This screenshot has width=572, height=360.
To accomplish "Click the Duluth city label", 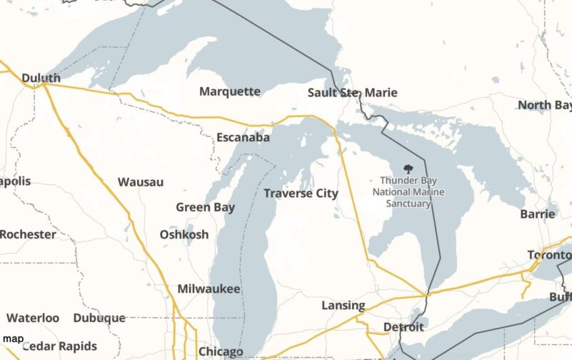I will pos(41,78).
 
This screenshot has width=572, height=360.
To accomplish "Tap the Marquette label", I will pos(229,91).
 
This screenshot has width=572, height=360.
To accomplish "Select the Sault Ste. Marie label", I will pos(352,93).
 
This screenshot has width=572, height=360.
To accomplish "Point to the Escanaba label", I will pos(243,137).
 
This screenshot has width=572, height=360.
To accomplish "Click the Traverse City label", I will pos(301,193).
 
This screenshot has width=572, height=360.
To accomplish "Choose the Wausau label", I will pos(141,182).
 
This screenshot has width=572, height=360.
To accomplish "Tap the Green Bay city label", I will pos(206,207).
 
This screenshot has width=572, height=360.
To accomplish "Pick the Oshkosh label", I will pos(184,234).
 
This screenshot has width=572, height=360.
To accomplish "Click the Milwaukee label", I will pos(209,289).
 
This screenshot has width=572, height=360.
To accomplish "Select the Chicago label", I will pos(220,351).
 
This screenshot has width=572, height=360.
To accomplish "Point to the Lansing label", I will pos(343,305).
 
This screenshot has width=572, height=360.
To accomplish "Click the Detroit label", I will pos(403,327).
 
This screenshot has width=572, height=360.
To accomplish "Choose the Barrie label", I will pos(538,213).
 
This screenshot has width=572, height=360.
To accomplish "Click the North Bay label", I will pos(544,105).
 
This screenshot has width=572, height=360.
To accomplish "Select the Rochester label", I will pos(28,234).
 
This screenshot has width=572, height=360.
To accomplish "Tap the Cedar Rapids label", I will pos(59,346).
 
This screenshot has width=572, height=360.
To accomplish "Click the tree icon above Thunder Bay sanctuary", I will pos(408,169).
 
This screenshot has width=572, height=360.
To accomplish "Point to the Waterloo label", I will pos(33,318).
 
